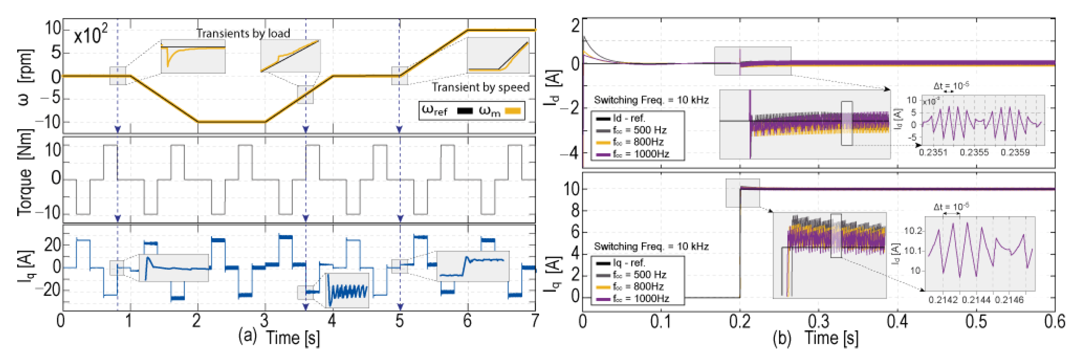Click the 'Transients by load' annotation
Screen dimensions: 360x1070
coord(243,33)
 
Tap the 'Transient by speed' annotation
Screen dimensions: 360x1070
coord(481,87)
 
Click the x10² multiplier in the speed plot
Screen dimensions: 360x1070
coord(91,35)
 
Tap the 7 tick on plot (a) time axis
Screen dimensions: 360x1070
coord(535,321)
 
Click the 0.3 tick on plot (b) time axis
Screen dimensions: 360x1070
coord(819,322)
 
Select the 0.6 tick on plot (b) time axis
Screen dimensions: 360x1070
coord(1054,322)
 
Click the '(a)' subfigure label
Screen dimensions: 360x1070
coord(248,335)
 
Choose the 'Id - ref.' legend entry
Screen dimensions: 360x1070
coord(628,118)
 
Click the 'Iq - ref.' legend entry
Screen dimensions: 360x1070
coord(628,263)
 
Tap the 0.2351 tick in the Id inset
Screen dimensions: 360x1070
coord(933,152)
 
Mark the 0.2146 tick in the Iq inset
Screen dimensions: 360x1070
coord(1009,300)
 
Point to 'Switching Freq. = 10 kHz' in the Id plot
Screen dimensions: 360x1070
coord(651,100)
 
